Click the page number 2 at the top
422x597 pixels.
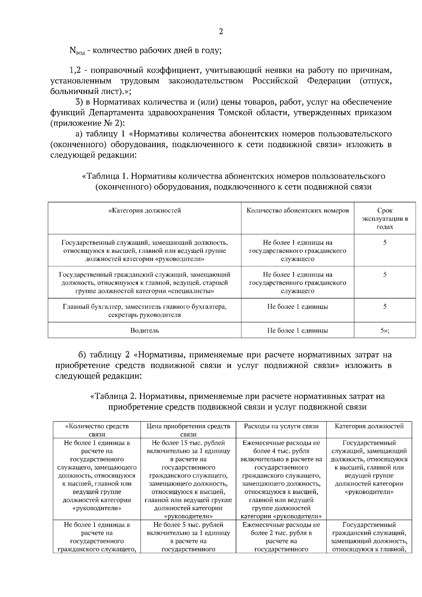pos(221,32)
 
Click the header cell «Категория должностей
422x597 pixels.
pos(145,211)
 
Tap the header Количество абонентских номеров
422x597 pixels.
pos(298,211)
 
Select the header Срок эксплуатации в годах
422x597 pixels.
pos(385,219)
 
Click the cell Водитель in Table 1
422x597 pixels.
pos(145,330)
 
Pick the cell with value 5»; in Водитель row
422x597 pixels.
pos(385,330)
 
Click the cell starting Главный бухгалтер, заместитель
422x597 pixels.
pos(145,311)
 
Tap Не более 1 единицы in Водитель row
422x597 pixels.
pos(298,330)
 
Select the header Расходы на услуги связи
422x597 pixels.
pos(281,426)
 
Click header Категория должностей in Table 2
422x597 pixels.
pos(369,426)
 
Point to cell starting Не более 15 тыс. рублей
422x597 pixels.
pos(188,479)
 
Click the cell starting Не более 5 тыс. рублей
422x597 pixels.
pos(188,537)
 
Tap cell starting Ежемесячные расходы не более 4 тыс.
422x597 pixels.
pos(281,479)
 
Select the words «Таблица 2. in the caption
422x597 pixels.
pos(114,396)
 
